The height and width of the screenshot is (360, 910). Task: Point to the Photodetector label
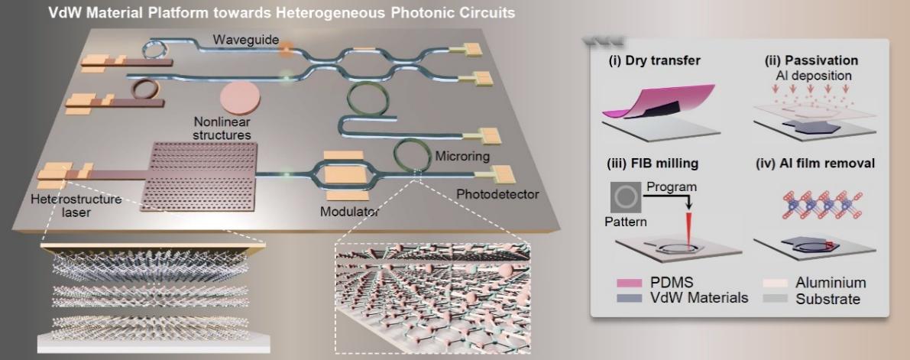pyautogui.click(x=497, y=194)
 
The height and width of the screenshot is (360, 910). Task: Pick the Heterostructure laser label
pyautogui.click(x=76, y=206)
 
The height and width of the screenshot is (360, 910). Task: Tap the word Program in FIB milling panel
pyautogui.click(x=672, y=187)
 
